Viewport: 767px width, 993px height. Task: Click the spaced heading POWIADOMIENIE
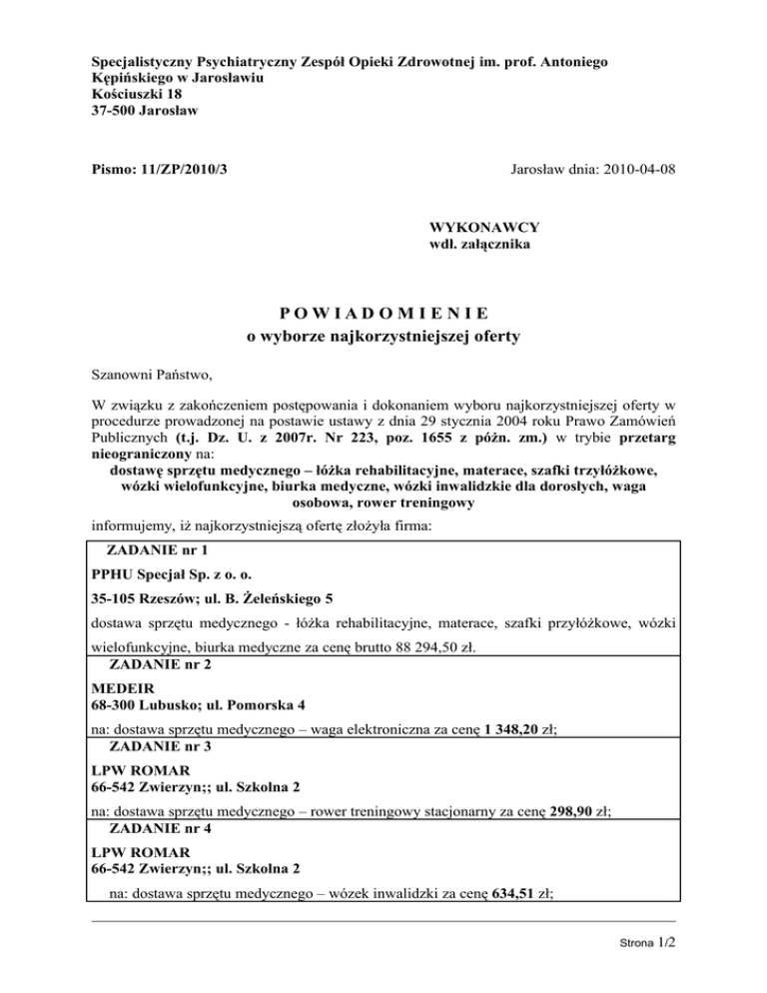point(383,313)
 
